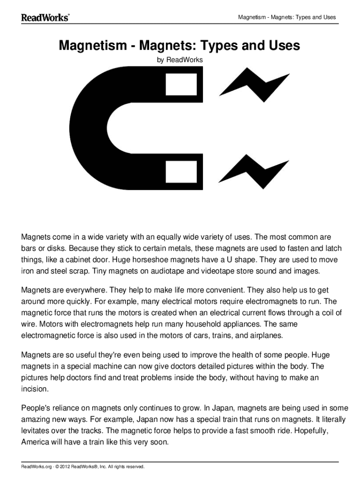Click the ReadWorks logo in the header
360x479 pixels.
[x=45, y=17]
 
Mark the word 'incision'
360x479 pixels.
[x=35, y=389]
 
